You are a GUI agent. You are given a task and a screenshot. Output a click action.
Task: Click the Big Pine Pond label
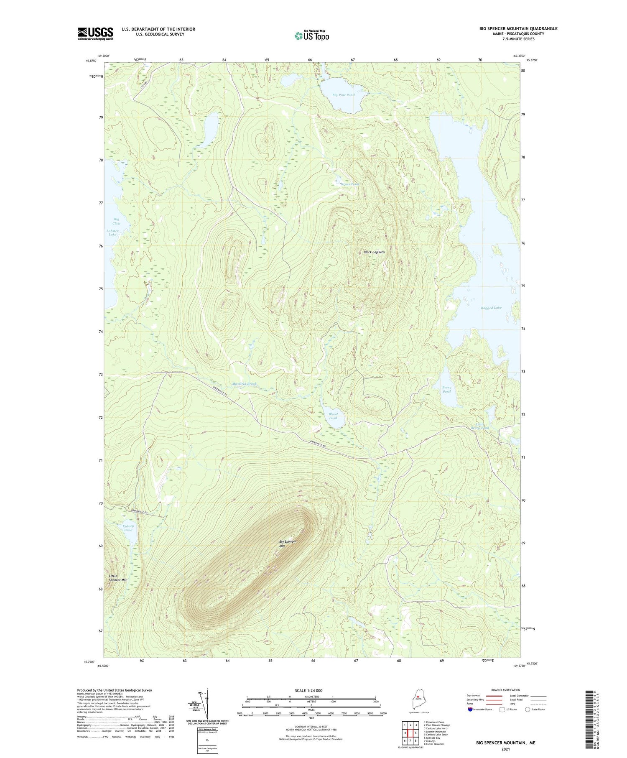[x=343, y=95]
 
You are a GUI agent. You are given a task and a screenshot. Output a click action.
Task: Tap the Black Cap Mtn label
[x=374, y=252]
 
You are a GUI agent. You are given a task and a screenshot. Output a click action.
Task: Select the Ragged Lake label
[x=491, y=307]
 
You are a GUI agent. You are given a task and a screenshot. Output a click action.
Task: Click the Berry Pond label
[x=446, y=389]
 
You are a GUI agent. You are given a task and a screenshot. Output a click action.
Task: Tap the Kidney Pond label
[x=128, y=528]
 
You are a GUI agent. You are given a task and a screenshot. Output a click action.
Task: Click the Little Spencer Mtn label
[x=118, y=578]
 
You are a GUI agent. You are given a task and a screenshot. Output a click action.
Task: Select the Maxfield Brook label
[x=245, y=383]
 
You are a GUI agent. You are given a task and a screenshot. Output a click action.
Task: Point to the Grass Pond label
[x=349, y=184]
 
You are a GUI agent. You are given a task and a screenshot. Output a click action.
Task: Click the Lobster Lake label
[x=113, y=232]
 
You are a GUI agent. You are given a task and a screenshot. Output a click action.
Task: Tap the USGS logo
[x=95, y=33]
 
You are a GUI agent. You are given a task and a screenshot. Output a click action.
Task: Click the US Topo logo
[x=311, y=36]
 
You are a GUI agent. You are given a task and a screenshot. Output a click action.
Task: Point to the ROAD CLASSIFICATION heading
[x=506, y=690]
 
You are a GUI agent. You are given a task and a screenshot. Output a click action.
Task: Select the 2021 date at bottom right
[x=505, y=749]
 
